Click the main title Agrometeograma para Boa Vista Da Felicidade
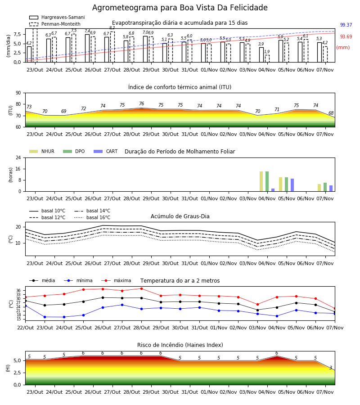coord(180,8)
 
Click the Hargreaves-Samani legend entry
coord(57,17)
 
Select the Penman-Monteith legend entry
coord(55,24)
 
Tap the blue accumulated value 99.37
coord(346,25)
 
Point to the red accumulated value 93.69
coord(346,36)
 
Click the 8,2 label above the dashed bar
coord(112,27)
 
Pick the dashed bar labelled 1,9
coord(267,58)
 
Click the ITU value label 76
coord(141,103)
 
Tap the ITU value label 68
coord(331,113)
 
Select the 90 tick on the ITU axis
coord(18,93)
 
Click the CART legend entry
coord(106,151)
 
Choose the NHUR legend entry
coord(42,151)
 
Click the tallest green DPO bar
coord(267,181)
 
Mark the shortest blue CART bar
coord(273,190)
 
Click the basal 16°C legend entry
coord(92,217)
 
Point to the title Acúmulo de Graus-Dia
coord(180,216)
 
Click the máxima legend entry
coord(117,280)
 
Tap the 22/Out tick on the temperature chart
coord(25,328)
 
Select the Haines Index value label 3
coord(331,368)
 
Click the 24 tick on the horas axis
coord(18,157)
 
